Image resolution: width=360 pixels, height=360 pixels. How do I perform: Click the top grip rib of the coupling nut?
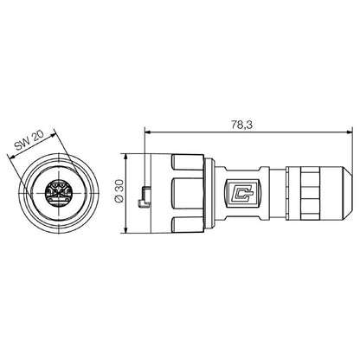pos(189,165)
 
